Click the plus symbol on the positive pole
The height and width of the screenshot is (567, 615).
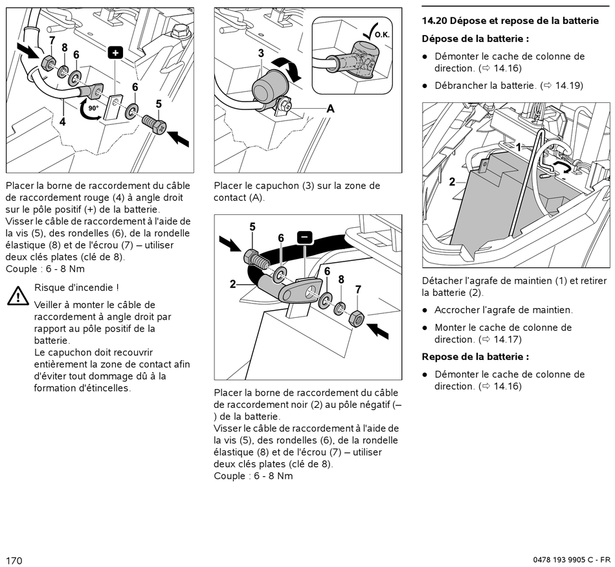pos(115,52)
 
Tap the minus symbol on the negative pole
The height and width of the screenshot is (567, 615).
pos(305,238)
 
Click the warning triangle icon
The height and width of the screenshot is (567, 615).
pos(17,296)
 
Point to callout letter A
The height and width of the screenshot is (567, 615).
pos(330,109)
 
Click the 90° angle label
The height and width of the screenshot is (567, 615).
pos(93,107)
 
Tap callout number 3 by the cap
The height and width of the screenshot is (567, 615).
pos(261,54)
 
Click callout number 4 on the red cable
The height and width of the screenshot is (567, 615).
pos(63,121)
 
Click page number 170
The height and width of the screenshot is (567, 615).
pos(14,560)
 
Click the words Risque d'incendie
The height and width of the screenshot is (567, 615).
pos(76,287)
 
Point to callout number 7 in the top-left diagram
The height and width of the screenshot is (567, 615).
pos(52,40)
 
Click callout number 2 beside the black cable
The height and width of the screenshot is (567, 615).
pos(232,283)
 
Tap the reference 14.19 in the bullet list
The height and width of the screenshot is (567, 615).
pos(569,85)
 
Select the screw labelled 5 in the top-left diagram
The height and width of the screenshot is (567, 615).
pos(152,124)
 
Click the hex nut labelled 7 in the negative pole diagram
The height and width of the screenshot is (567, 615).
pos(357,318)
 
